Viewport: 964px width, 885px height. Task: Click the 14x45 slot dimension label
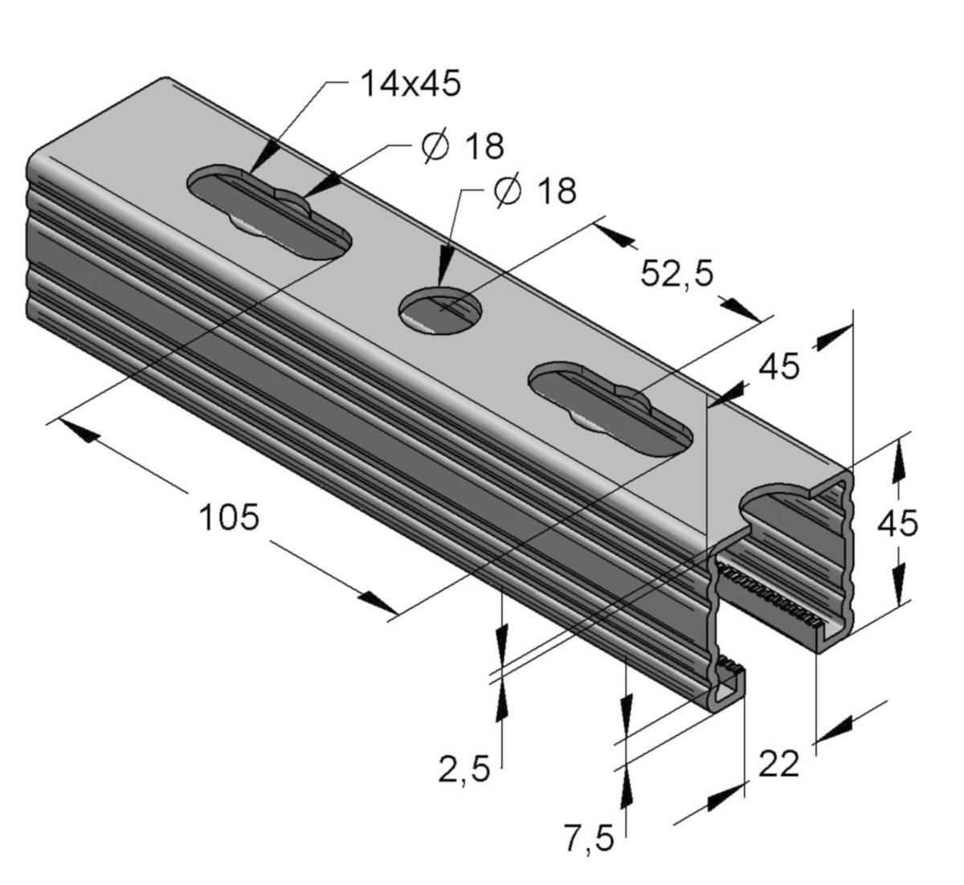[x=410, y=84]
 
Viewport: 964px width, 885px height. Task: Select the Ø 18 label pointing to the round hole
[x=535, y=191]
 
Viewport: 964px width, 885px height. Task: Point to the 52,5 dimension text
[x=676, y=274]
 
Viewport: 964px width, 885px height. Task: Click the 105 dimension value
[x=229, y=518]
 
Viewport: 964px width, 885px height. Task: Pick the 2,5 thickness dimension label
[x=464, y=770]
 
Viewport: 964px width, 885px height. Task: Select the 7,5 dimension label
[x=588, y=840]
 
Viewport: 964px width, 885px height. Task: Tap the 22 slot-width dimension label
[x=778, y=765]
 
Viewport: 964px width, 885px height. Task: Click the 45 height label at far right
[x=897, y=524]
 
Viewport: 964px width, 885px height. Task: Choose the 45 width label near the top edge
[x=779, y=367]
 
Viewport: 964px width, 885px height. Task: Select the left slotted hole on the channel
[x=270, y=213]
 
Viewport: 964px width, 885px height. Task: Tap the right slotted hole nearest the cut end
[x=611, y=410]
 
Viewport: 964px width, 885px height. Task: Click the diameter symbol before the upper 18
[x=435, y=146]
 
